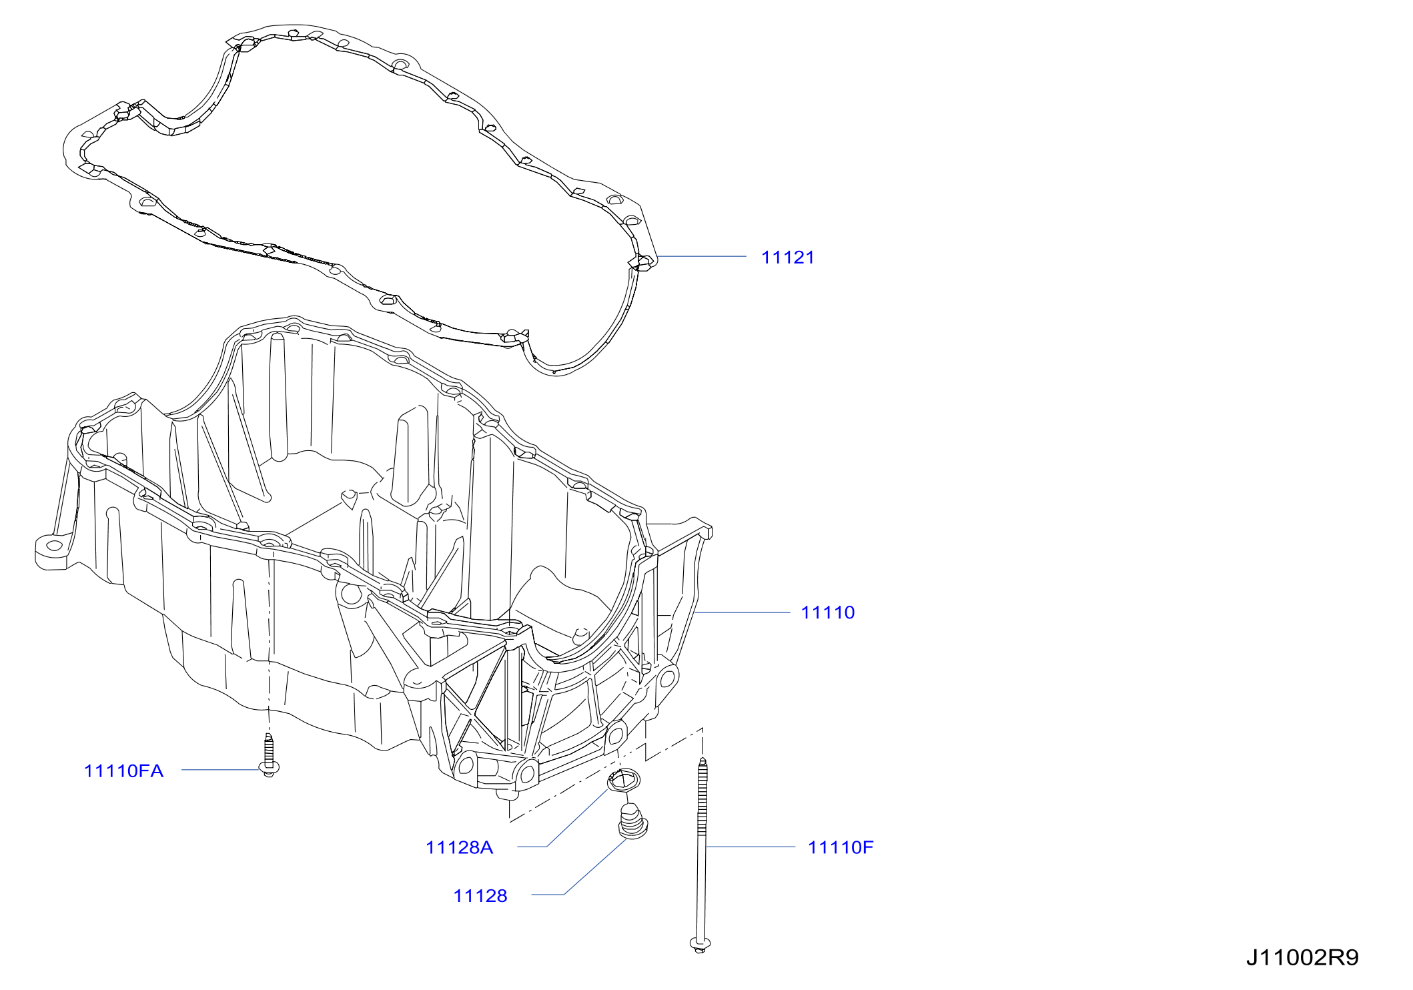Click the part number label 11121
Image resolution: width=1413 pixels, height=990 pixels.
787,258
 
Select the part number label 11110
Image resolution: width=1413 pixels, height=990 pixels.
827,612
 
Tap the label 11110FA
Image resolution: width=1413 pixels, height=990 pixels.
123,771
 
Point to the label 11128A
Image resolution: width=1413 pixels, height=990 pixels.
459,847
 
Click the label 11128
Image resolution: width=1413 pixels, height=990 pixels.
480,896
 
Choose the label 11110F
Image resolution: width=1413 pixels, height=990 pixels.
841,847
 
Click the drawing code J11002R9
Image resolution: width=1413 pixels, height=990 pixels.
1302,958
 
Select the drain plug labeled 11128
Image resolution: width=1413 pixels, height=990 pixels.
632,821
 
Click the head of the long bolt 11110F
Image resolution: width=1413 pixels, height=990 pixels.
700,945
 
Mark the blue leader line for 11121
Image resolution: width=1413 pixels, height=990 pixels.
702,256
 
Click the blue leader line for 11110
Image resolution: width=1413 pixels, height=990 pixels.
742,612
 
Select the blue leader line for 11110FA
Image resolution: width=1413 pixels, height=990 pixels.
220,770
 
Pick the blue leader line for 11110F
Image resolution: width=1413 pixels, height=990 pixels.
751,847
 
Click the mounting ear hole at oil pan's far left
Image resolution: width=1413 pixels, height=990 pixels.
55,546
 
